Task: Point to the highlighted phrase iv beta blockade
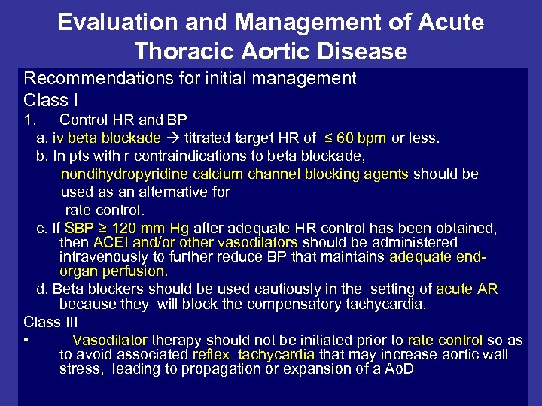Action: click(x=106, y=138)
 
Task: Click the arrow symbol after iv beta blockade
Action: click(x=173, y=138)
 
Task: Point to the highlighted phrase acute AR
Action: click(x=467, y=289)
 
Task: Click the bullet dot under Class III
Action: click(x=26, y=341)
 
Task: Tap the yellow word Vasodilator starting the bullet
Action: click(x=110, y=341)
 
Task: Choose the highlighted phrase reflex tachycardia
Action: click(x=254, y=355)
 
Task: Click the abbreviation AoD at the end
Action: click(x=397, y=369)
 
